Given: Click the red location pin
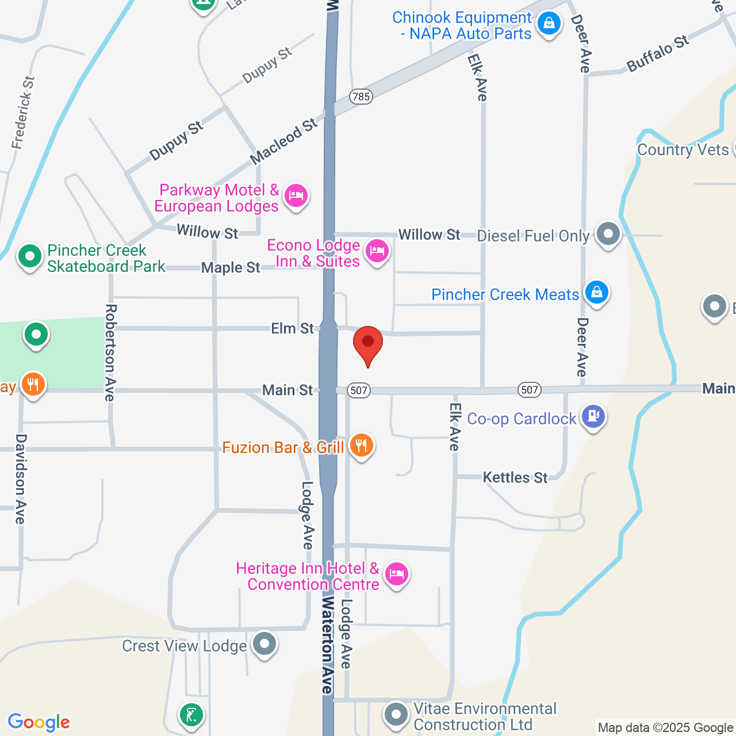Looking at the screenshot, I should pyautogui.click(x=368, y=344).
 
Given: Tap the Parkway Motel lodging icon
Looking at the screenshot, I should pyautogui.click(x=296, y=197).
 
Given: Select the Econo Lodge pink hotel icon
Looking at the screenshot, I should pyautogui.click(x=377, y=251).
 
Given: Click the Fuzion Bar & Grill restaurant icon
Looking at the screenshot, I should pyautogui.click(x=361, y=446).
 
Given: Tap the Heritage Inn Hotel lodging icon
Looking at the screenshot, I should pyautogui.click(x=397, y=574).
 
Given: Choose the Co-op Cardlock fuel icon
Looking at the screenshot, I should pyautogui.click(x=593, y=416).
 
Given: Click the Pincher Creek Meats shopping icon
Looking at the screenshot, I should pyautogui.click(x=597, y=292).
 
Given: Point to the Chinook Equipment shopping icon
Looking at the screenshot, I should pyautogui.click(x=549, y=24).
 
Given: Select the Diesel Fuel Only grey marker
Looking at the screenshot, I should pyautogui.click(x=608, y=234).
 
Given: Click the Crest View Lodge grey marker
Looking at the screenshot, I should pyautogui.click(x=264, y=644).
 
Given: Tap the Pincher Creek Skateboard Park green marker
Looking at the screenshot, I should pyautogui.click(x=29, y=256).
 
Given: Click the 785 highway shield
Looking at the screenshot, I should pyautogui.click(x=362, y=97).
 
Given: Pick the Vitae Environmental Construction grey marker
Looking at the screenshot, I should pyautogui.click(x=396, y=715).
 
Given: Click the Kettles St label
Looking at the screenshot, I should pyautogui.click(x=515, y=477).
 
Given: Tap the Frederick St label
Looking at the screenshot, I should pyautogui.click(x=24, y=113).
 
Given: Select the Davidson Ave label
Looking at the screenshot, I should pyautogui.click(x=21, y=478).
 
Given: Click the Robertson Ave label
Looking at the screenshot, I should pyautogui.click(x=110, y=352).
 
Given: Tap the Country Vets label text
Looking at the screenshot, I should pyautogui.click(x=683, y=150).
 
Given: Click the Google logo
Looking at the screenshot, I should pyautogui.click(x=39, y=722).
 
